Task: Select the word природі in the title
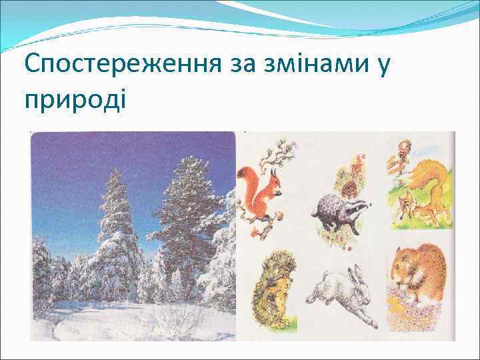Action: (x=73, y=100)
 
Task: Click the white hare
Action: (x=340, y=293)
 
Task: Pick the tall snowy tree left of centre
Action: (x=117, y=227)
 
